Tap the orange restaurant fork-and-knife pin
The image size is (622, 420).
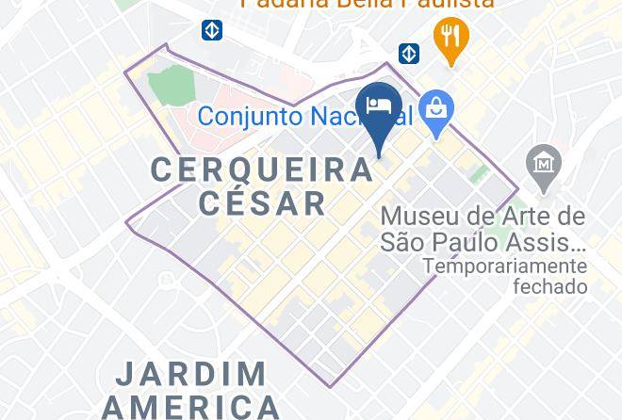(451, 38)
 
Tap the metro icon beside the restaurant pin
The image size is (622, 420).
(408, 53)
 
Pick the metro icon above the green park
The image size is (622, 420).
(212, 31)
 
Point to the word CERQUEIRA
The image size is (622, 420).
(262, 170)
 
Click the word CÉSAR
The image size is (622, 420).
(262, 202)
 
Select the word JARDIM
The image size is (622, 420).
(191, 374)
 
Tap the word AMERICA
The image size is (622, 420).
(191, 407)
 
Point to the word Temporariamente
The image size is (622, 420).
(504, 266)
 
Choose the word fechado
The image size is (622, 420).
(549, 286)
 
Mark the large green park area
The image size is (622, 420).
(171, 86)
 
